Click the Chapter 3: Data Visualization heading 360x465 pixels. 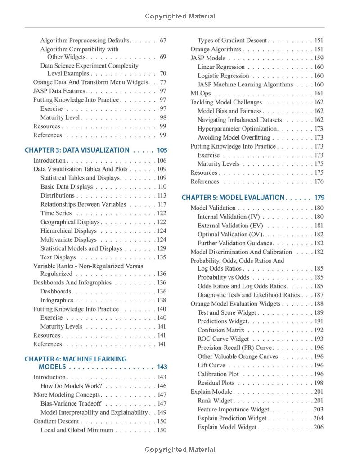pyautogui.click(x=77, y=150)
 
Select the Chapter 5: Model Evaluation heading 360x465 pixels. pyautogui.click(x=233, y=198)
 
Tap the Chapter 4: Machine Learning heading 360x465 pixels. pyautogui.click(x=76, y=359)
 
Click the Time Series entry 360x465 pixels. pyautogui.click(x=56, y=213)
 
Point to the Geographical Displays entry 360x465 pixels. pyautogui.click(x=70, y=222)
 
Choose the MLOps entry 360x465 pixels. pyautogui.click(x=200, y=94)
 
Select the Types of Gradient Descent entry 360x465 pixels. pyautogui.click(x=232, y=41)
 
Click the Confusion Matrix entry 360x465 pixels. pyautogui.click(x=220, y=330)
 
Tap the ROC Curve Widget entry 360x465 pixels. pyautogui.click(x=223, y=339)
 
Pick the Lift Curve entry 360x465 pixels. pyautogui.click(x=211, y=366)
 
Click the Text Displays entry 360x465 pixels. pyautogui.click(x=58, y=257)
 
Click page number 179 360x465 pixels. pyautogui.click(x=319, y=198)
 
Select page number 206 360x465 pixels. pyautogui.click(x=319, y=427)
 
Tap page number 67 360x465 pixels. pyautogui.click(x=163, y=41)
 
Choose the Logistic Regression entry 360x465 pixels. pyautogui.click(x=223, y=76)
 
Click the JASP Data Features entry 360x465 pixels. pyautogui.click(x=59, y=91)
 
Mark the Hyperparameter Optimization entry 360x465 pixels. pyautogui.click(x=238, y=129)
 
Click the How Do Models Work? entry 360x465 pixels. pyautogui.click(x=71, y=386)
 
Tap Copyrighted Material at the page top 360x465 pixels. pyautogui.click(x=180, y=16)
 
